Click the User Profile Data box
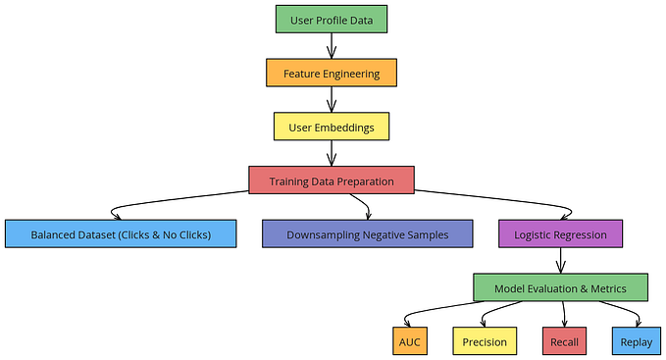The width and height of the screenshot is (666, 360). [332, 18]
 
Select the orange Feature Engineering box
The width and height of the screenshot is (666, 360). [332, 73]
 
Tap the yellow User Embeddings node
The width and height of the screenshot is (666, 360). [332, 127]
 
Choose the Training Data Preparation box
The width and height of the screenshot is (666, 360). [332, 180]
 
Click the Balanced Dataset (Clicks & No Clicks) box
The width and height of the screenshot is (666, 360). [121, 234]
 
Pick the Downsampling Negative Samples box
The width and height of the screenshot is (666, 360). [367, 234]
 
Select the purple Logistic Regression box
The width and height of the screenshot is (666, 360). [560, 234]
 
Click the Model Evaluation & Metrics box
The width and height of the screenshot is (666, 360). [560, 288]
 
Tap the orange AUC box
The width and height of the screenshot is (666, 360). [409, 341]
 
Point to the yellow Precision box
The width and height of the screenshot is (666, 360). [485, 341]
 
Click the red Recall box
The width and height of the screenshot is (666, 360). [564, 341]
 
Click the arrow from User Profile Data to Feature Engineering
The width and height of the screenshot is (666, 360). [332, 45]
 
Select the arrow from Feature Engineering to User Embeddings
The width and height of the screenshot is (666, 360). [332, 99]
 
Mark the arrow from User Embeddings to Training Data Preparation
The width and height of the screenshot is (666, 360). [332, 153]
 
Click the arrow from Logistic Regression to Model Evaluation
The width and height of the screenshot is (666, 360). [560, 261]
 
